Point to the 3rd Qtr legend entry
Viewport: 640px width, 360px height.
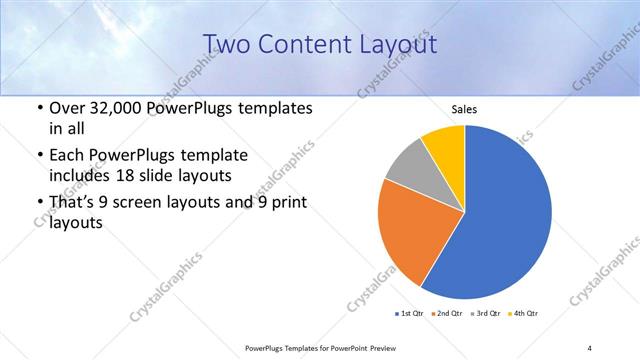pyautogui.click(x=487, y=315)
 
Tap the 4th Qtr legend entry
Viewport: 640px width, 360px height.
pyautogui.click(x=525, y=315)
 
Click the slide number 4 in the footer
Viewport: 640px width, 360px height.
pyautogui.click(x=590, y=348)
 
